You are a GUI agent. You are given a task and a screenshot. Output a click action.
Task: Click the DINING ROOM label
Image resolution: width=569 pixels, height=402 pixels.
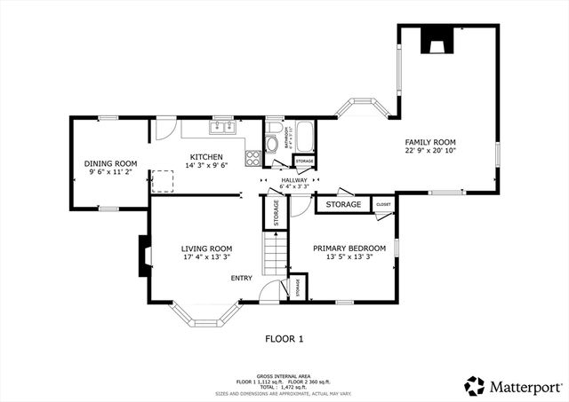[x=110, y=163]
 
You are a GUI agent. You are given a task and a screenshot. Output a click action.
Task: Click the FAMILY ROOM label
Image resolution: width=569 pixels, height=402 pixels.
[x=430, y=142]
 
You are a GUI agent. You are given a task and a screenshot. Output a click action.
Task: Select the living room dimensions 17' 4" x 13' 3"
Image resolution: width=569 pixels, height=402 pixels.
[x=207, y=257]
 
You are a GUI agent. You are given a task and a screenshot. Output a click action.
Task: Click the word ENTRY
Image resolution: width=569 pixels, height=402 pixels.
[x=242, y=279]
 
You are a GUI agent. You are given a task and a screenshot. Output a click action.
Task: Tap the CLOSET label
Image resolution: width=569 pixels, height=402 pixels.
[x=383, y=205]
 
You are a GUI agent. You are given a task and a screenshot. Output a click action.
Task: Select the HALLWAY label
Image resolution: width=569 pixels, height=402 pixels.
[x=293, y=179]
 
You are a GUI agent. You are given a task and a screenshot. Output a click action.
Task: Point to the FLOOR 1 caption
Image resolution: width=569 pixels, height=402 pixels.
[x=284, y=338]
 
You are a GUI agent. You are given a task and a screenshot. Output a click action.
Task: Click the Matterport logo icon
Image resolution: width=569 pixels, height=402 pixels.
[x=475, y=386]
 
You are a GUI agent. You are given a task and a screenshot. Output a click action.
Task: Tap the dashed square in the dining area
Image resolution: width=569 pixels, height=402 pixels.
[x=163, y=183]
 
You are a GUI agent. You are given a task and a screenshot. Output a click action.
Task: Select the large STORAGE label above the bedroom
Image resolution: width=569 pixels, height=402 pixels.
[x=343, y=205]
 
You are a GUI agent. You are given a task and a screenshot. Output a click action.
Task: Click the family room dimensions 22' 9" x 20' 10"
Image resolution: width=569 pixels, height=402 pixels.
[x=430, y=151]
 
